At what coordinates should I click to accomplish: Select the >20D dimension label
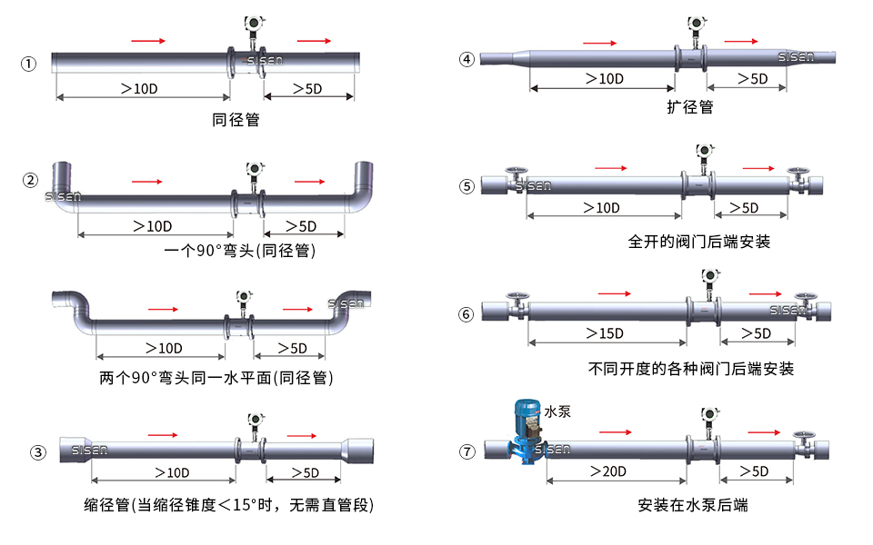[x=607, y=471]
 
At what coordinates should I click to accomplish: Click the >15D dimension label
[x=605, y=333]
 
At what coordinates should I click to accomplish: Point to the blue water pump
[x=527, y=427]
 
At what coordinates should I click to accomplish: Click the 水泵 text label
[x=557, y=411]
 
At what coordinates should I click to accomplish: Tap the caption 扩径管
[x=689, y=107]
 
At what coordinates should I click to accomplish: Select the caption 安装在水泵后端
[x=693, y=505]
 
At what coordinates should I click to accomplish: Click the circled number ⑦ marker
[x=467, y=451]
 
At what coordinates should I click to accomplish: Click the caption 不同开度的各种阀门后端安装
[x=691, y=369]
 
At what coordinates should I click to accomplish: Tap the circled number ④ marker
[x=467, y=60]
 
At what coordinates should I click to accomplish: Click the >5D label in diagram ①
[x=307, y=88]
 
